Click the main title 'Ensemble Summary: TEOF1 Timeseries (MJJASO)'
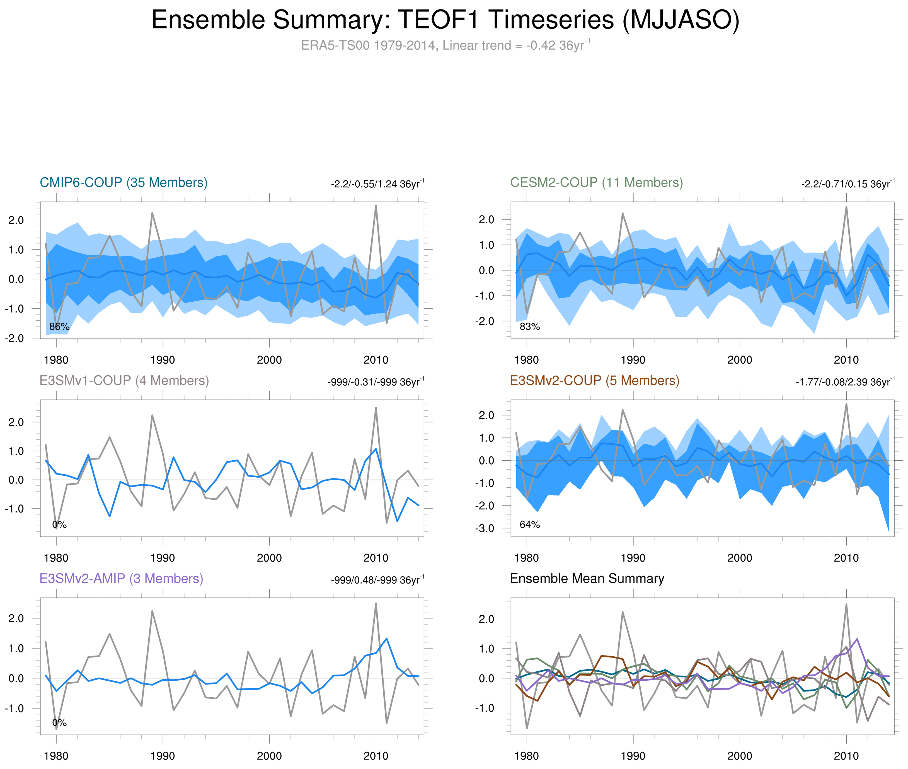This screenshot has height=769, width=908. pyautogui.click(x=445, y=20)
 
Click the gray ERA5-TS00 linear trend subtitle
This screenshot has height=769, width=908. pyautogui.click(x=445, y=45)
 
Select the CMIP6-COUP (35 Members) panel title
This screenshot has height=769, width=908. pyautogui.click(x=124, y=182)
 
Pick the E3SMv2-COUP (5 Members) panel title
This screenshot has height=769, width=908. pyautogui.click(x=594, y=381)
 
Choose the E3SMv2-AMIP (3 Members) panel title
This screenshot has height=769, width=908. pyautogui.click(x=121, y=579)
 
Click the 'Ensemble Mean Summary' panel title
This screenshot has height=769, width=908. pyautogui.click(x=587, y=579)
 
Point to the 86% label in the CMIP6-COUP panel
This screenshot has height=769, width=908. pyautogui.click(x=59, y=327)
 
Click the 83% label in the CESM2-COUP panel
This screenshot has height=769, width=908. pyautogui.click(x=530, y=327)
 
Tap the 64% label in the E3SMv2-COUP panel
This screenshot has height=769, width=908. pyautogui.click(x=530, y=524)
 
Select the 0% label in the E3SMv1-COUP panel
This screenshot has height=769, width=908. pyautogui.click(x=59, y=524)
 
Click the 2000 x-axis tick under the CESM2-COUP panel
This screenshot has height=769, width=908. pyautogui.click(x=739, y=360)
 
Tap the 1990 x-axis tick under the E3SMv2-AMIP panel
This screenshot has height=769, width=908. pyautogui.click(x=163, y=756)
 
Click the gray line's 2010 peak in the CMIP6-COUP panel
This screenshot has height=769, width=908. pyautogui.click(x=376, y=206)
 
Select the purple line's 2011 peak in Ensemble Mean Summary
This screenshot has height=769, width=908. pyautogui.click(x=857, y=639)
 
